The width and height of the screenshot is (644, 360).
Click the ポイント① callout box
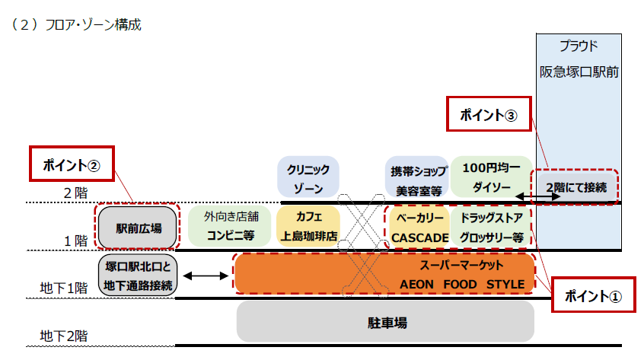[x=593, y=295]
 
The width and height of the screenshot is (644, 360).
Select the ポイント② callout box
[x=72, y=164]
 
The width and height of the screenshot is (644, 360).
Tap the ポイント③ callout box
[x=488, y=115]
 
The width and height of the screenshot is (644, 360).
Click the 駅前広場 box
[x=138, y=227]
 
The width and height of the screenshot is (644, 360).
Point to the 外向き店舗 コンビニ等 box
[x=229, y=226]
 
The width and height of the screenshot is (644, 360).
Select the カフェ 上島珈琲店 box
[x=308, y=226]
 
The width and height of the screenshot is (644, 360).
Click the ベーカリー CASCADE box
[x=419, y=227]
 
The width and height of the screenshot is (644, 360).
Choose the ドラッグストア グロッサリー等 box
[x=491, y=227]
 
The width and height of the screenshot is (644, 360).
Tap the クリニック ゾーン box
[x=308, y=177]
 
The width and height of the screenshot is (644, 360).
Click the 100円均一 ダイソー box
[x=490, y=176]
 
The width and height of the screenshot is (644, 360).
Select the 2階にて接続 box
[x=576, y=187]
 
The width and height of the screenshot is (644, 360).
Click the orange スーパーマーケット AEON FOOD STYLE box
[x=384, y=275]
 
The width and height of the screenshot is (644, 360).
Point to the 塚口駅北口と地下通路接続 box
[x=138, y=276]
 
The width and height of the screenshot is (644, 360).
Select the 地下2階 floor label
[x=64, y=335]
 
